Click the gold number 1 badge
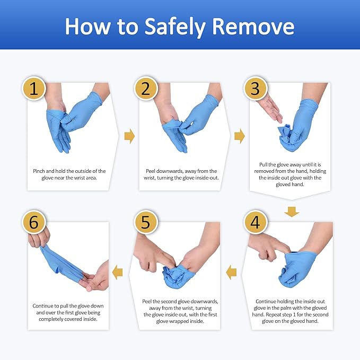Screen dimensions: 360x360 34,89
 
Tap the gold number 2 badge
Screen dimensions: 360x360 145,89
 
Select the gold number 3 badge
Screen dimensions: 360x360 255,89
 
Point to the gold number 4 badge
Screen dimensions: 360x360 255,223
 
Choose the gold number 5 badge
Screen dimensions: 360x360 145,223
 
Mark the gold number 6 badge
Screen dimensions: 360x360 34,223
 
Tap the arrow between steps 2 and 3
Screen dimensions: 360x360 240,137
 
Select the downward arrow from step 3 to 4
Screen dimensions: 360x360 291,212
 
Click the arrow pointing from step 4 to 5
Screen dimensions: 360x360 231,273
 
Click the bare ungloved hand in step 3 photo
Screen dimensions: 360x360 270,109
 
